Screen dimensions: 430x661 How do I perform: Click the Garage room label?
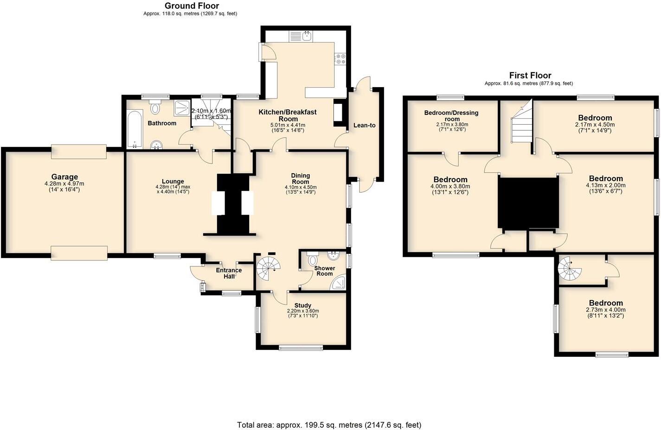[64, 177]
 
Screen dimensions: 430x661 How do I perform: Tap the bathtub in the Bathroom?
[135, 129]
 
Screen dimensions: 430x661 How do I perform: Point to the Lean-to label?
[364, 125]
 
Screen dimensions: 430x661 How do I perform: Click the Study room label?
[303, 305]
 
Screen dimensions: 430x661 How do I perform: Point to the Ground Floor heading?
[192, 6]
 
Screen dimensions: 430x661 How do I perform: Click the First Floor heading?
[530, 76]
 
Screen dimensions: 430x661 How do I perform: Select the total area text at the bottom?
[329, 424]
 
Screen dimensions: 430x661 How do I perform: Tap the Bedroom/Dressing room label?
[451, 116]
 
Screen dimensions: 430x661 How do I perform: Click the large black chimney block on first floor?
[528, 202]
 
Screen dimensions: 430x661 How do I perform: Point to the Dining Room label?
[301, 178]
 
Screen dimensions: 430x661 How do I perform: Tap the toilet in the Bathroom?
[155, 109]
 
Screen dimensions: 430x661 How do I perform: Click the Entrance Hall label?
[229, 273]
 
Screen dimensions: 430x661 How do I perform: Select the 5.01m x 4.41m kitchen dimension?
[287, 125]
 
